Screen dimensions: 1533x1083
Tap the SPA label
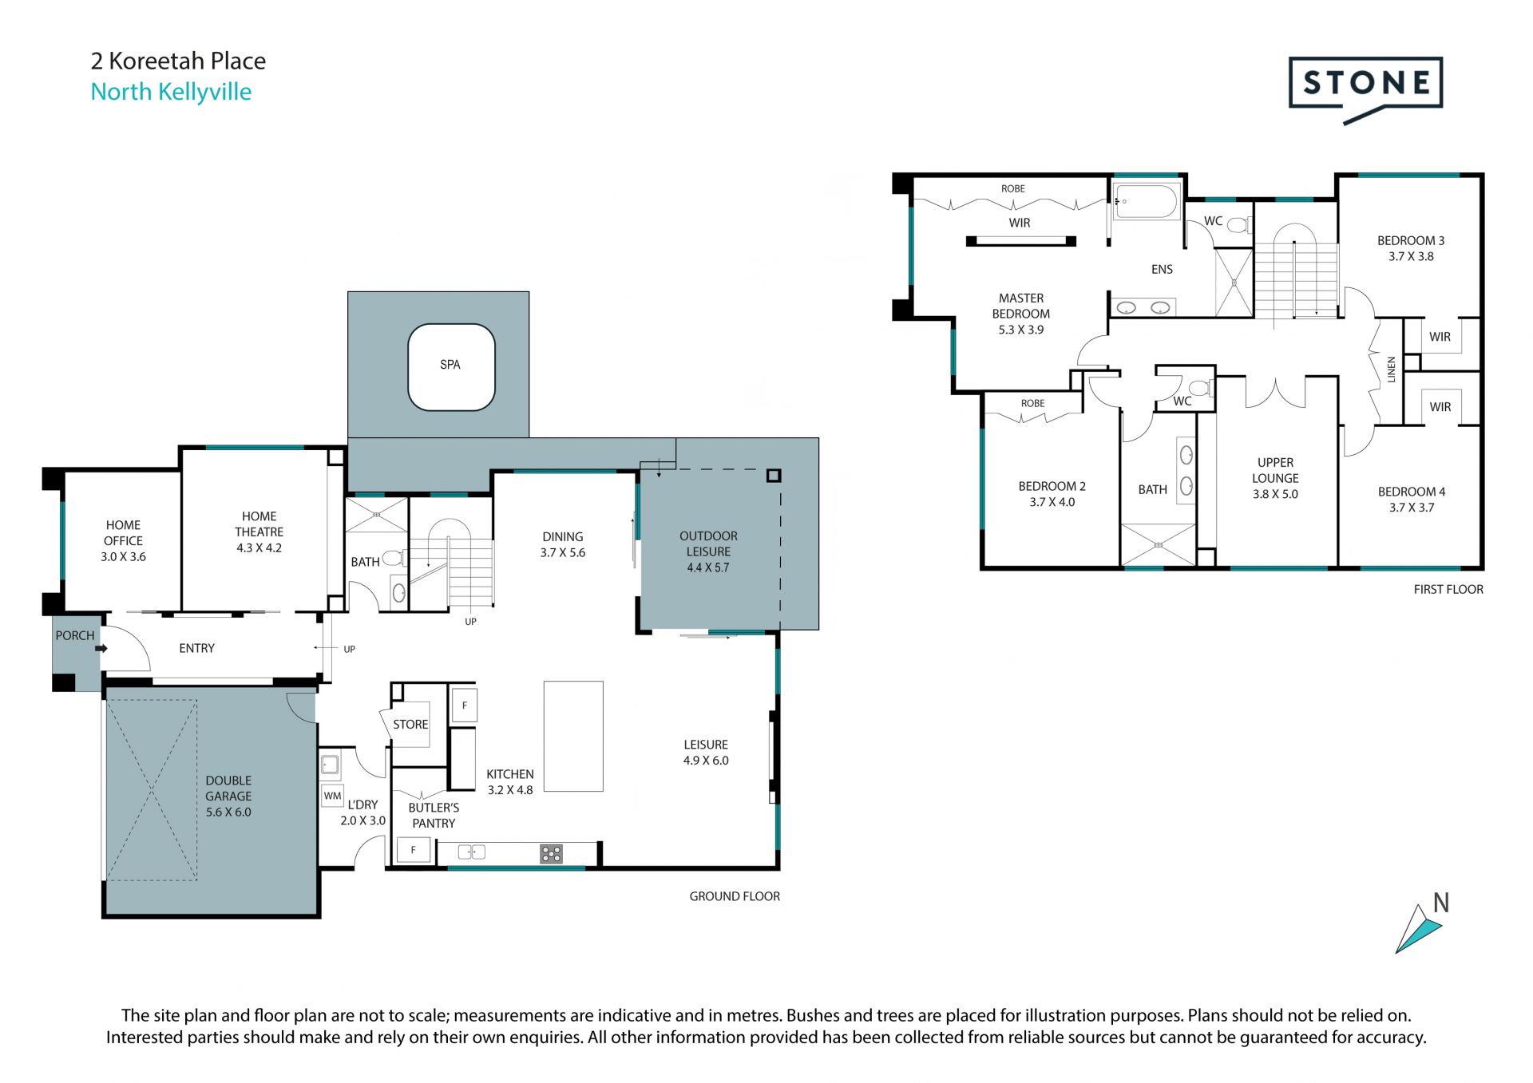pos(450,365)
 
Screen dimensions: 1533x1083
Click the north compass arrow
pos(1418,928)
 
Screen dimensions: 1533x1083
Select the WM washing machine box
pos(332,796)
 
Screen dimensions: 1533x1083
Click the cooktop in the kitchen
pos(551,854)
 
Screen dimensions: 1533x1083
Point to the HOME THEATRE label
pos(259,524)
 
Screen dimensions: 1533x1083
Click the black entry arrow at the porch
pos(101,649)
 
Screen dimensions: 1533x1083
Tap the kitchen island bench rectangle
pos(573,736)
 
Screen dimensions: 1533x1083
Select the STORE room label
pos(410,725)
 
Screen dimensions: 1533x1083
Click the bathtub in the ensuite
pos(1146,201)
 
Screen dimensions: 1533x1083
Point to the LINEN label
pos(1391,370)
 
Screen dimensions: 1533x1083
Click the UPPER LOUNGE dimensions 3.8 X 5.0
pos(1275,494)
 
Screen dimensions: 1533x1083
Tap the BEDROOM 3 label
pos(1411,240)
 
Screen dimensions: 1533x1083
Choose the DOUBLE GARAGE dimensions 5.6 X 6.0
pos(228,812)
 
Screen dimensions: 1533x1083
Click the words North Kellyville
pos(171,92)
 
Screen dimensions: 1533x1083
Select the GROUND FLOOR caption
pos(735,896)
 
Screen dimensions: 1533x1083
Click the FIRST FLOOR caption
pos(1448,589)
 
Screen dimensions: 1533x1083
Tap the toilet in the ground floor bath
pos(393,559)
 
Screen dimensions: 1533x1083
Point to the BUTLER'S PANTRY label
pos(434,816)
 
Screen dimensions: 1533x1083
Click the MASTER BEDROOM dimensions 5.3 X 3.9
pos(1021,330)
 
